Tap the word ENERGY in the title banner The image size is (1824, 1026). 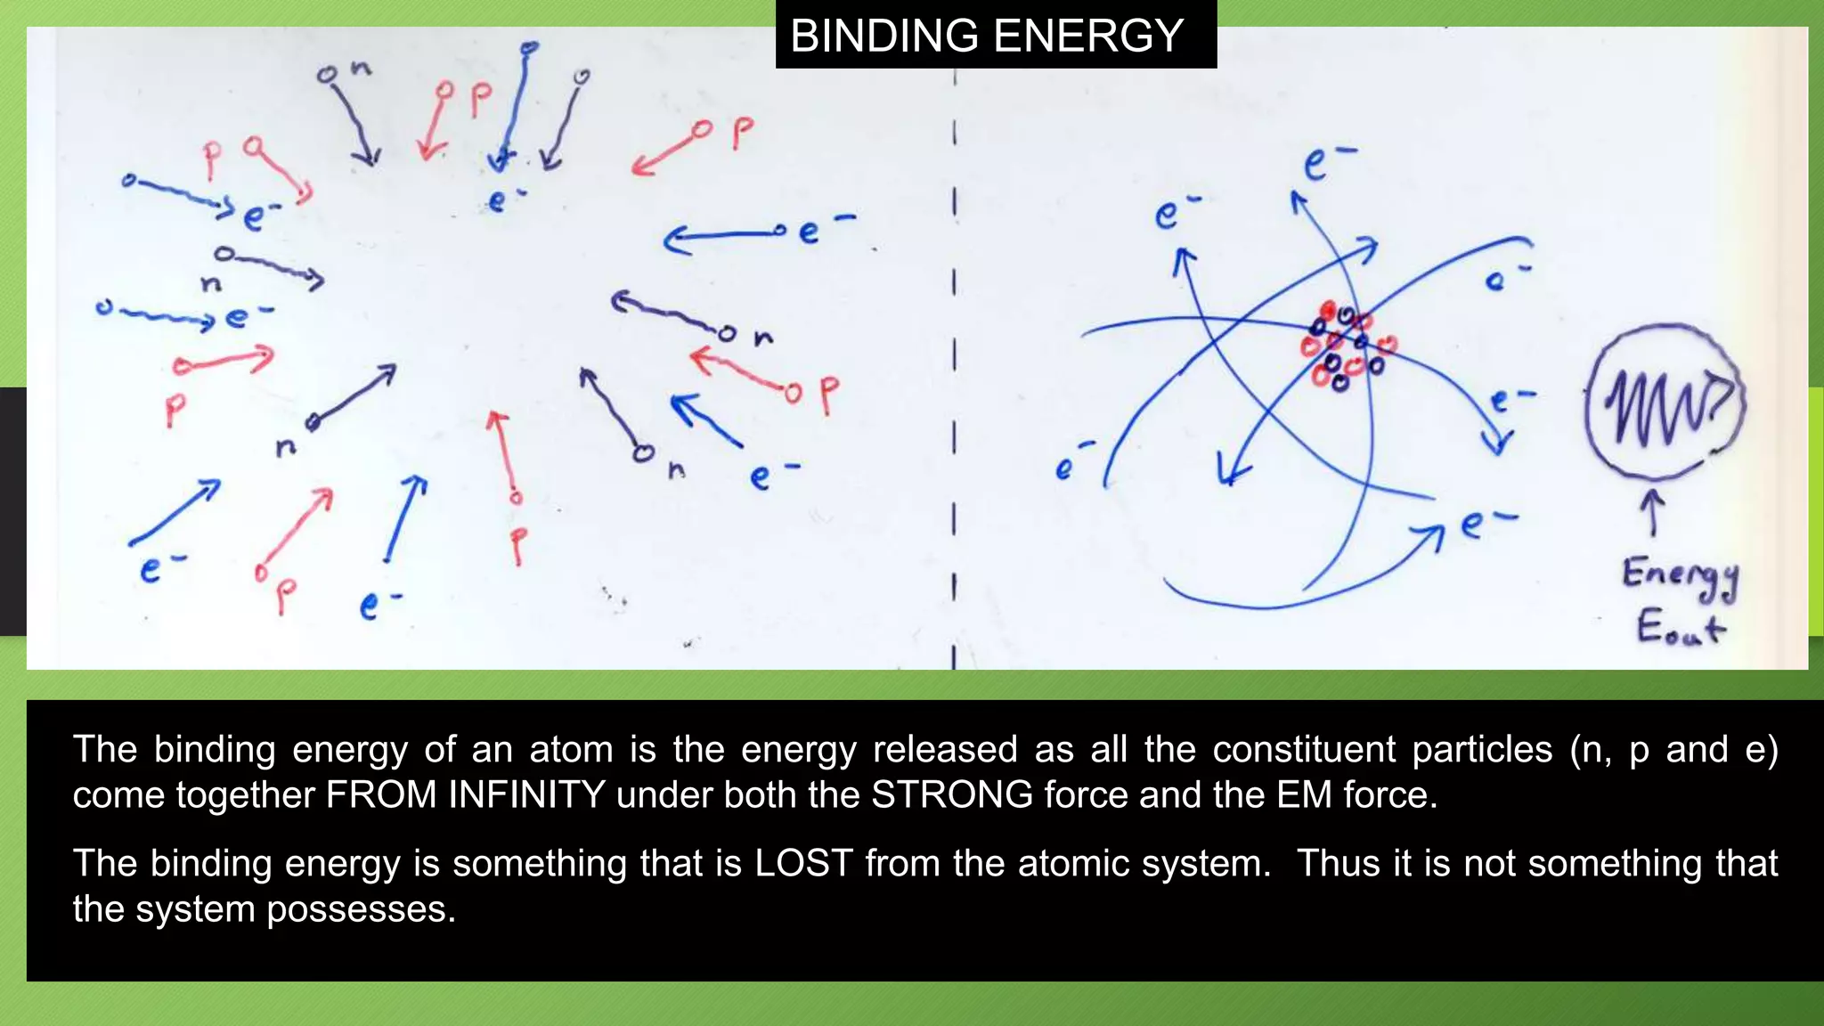(1087, 36)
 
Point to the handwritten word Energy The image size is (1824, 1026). (1679, 576)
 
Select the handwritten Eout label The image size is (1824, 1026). (1679, 626)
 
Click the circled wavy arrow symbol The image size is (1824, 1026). (1665, 403)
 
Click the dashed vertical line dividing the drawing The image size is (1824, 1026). (954, 356)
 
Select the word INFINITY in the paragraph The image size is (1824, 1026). (527, 794)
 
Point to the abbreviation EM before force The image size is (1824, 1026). (1304, 794)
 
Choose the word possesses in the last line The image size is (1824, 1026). (361, 909)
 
